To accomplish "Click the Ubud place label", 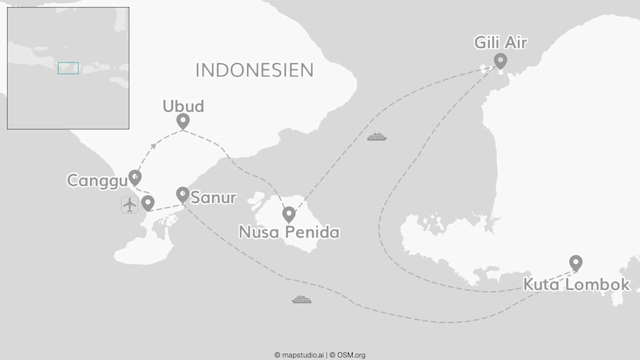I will pos(183,106).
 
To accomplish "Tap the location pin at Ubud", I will pos(183,121).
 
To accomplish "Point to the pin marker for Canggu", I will pos(135,177).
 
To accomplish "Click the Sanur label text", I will pos(213,198).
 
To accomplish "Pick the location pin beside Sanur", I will pos(183,194).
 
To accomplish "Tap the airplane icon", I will pos(130,205).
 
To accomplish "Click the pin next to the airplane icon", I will pos(147,203).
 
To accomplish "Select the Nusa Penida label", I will pos(289,232).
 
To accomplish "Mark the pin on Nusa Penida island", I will pos(288,214).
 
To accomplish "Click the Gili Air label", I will pos(500,43).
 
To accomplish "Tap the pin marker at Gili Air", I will pos(500,60).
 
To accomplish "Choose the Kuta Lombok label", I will pos(576,284).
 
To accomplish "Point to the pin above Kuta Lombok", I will pos(576,262).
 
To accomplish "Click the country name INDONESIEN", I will pos(254,70).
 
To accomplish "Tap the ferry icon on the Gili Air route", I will pos(377,136).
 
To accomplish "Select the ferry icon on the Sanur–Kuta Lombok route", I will pos(302,299).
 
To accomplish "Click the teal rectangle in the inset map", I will pos(68,68).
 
